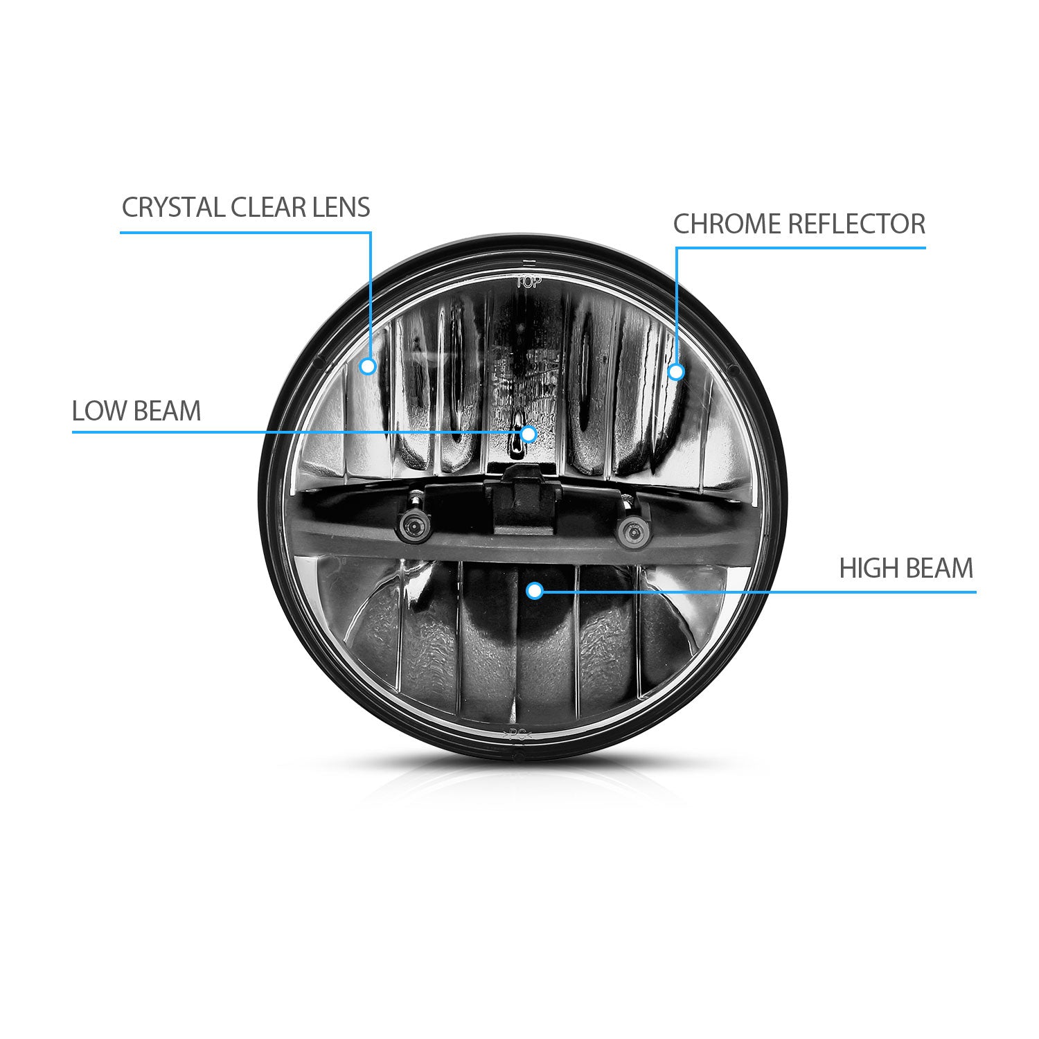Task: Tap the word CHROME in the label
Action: (x=727, y=224)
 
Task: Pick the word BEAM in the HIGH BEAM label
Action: (x=939, y=569)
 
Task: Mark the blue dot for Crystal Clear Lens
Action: (x=368, y=366)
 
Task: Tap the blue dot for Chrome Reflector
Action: (x=676, y=372)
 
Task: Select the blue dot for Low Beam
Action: (x=529, y=434)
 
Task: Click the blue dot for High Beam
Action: (x=534, y=591)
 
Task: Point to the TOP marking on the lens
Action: (x=529, y=282)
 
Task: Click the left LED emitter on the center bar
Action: (x=413, y=529)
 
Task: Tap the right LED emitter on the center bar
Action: (x=631, y=532)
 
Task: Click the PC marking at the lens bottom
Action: (x=519, y=736)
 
